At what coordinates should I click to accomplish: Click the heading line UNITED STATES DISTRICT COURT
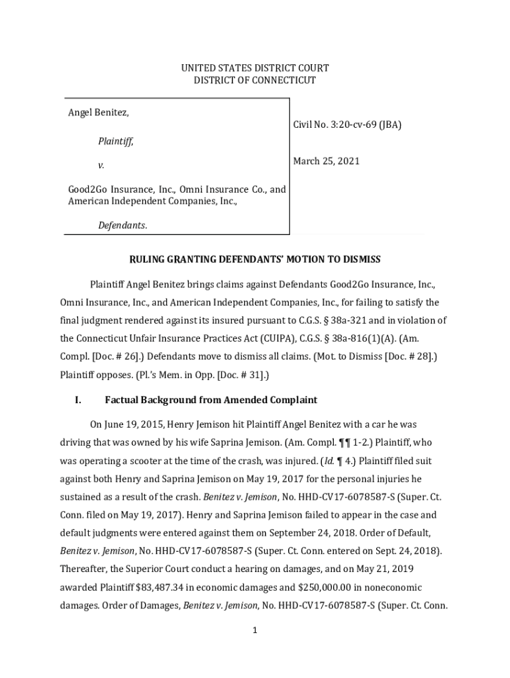tap(255, 68)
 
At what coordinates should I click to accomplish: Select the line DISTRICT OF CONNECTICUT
tap(255, 81)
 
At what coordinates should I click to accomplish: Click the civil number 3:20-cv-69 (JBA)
tap(347, 124)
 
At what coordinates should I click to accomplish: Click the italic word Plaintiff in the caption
tap(115, 141)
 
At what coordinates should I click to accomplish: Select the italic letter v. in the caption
tap(101, 164)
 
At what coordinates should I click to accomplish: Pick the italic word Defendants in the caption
tap(123, 226)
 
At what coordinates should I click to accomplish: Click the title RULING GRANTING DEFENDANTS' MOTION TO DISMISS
tap(255, 259)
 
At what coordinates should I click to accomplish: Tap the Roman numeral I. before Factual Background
tap(77, 400)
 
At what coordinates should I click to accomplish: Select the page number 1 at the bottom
tap(254, 630)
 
